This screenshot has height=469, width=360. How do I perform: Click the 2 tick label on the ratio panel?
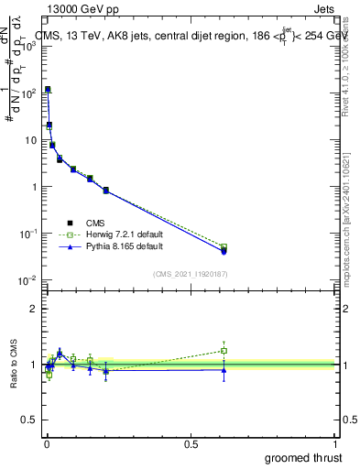(x=34, y=309)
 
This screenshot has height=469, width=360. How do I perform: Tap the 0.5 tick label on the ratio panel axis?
(x=29, y=421)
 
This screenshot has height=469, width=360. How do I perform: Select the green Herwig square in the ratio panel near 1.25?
(x=224, y=350)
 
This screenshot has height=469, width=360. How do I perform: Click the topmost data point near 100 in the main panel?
(x=48, y=89)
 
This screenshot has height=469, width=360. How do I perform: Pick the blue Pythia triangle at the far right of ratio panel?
(x=224, y=370)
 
